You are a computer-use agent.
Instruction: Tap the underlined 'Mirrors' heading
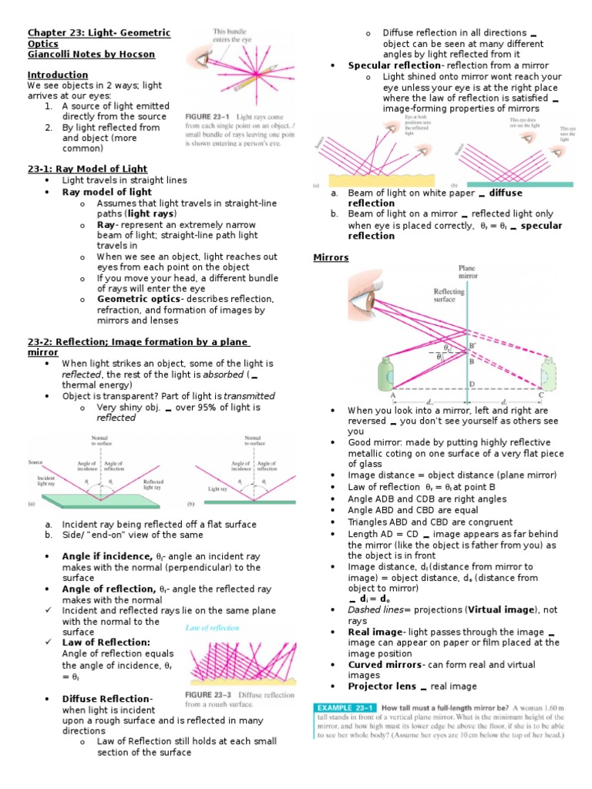pos(330,257)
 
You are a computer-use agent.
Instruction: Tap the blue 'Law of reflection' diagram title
pos(212,628)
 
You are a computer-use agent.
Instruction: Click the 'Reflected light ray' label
pos(153,484)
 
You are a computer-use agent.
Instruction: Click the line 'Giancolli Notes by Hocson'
pos(92,54)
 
